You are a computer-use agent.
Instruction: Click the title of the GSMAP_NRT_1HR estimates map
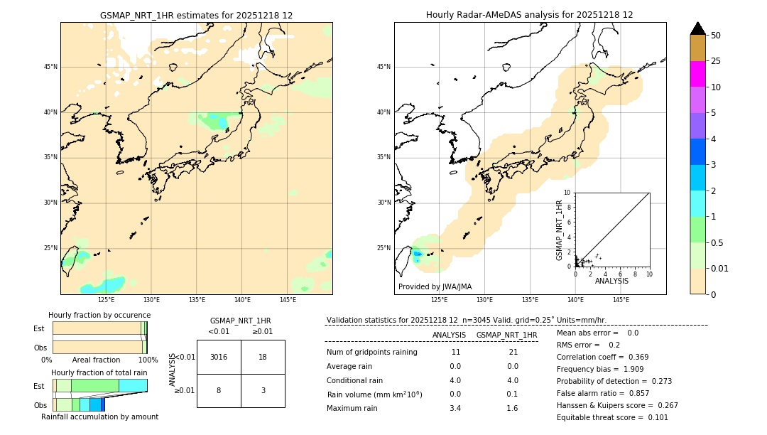click(x=196, y=15)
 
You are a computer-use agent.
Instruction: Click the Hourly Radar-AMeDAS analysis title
click(x=529, y=15)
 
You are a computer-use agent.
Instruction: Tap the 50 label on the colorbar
click(x=716, y=36)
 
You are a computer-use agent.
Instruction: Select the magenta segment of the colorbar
click(x=697, y=74)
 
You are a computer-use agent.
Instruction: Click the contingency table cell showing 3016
click(x=219, y=357)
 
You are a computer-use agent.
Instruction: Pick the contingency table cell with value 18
click(x=263, y=357)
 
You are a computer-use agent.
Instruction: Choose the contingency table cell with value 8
click(x=219, y=390)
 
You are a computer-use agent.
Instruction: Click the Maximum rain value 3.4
click(x=455, y=408)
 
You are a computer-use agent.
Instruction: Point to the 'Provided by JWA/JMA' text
click(x=435, y=287)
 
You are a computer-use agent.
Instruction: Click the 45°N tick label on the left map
click(x=50, y=67)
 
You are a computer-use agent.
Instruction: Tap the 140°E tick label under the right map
click(x=575, y=300)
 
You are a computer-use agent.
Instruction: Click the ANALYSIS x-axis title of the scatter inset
click(x=611, y=281)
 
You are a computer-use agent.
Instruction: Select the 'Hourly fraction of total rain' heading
click(x=99, y=372)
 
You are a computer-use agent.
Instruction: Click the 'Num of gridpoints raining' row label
click(x=372, y=352)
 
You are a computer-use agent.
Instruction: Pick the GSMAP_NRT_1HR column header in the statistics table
click(x=506, y=335)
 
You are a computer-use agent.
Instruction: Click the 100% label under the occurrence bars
click(x=148, y=360)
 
